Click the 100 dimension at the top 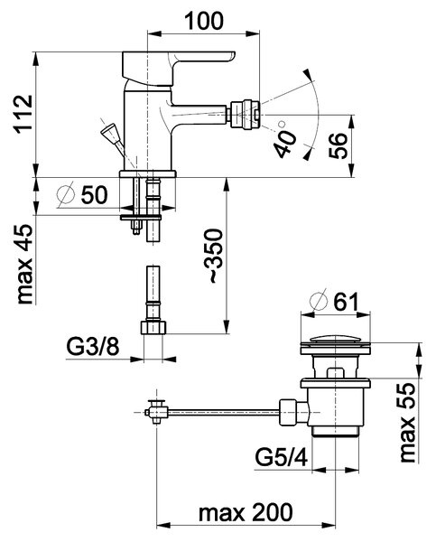click(x=204, y=21)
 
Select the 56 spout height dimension click(x=338, y=145)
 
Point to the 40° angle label click(x=284, y=142)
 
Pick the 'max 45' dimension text click(x=25, y=265)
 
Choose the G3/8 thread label click(x=93, y=347)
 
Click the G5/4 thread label click(x=282, y=457)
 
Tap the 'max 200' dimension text click(x=246, y=512)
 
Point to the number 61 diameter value click(x=346, y=302)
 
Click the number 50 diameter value click(x=94, y=194)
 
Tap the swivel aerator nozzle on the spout click(x=244, y=115)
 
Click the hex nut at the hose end click(x=153, y=327)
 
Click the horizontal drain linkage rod click(x=224, y=411)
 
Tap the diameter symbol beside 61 click(x=319, y=302)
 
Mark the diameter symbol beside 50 click(x=66, y=194)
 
